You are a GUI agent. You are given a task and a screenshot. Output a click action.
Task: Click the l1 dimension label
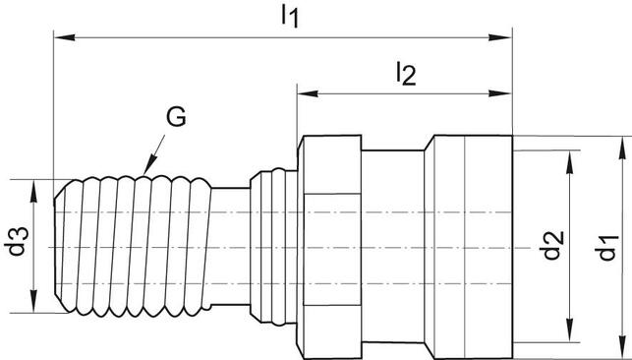pos(288,16)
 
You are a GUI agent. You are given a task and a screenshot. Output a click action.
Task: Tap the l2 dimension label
pos(404,72)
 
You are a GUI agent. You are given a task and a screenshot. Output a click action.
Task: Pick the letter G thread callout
pos(175,119)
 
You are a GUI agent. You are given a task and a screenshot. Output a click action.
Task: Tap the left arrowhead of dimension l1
pos(60,38)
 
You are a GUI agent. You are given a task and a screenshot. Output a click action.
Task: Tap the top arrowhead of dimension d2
pos(569,155)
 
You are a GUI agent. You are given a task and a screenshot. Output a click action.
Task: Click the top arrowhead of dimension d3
pos(34,185)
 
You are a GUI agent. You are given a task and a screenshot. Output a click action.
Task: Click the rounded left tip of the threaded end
pos(56,245)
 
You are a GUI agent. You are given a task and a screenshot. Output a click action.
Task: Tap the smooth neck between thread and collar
pos(232,245)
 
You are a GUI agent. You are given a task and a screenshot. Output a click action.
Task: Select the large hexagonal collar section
pos(332,245)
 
